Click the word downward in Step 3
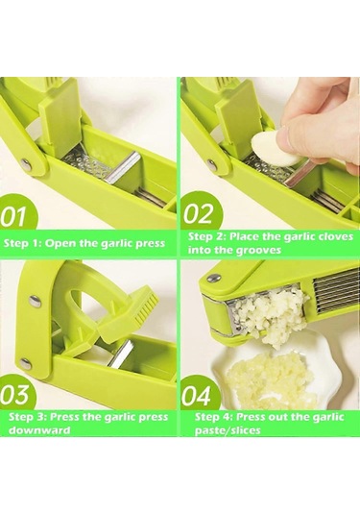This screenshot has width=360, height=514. [x=39, y=429]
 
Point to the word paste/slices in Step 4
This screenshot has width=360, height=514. [x=228, y=429]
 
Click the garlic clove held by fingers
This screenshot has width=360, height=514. [x=275, y=149]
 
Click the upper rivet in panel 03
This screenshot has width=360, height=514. [x=34, y=299]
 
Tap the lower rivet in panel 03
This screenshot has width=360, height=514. [x=25, y=363]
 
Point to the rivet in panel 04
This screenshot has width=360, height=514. [x=214, y=279]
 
